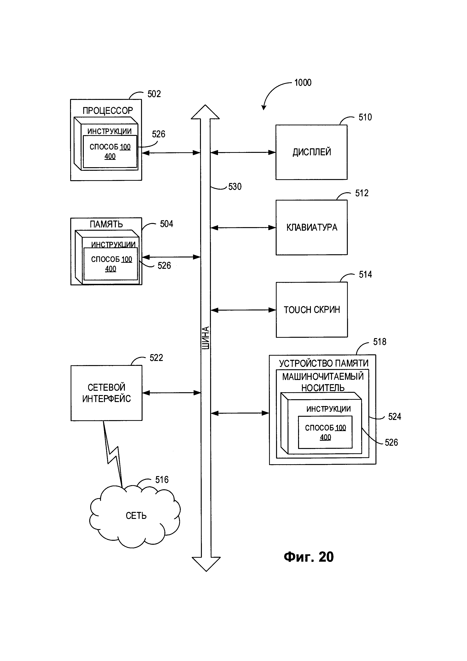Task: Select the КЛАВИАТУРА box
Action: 311,227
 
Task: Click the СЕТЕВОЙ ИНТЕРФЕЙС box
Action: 106,393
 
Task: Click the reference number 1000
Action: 303,83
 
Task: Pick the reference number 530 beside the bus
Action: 235,187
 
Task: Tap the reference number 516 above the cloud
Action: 162,480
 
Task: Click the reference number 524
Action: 394,417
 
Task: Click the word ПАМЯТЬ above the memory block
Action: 106,224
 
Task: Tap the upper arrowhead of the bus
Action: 205,112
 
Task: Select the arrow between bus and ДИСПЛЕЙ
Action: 243,153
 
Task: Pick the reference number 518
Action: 380,342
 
